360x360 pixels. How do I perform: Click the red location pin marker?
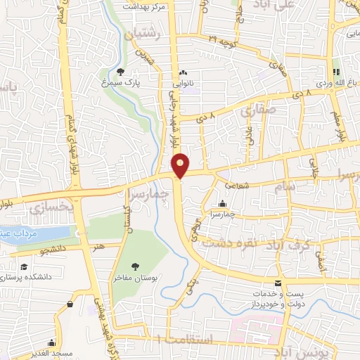click(x=181, y=165)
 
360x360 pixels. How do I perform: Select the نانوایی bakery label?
click(x=184, y=83)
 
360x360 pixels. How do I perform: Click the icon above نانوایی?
click(x=184, y=72)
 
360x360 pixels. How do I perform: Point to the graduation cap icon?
click(x=24, y=267)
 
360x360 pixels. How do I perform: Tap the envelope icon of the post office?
click(x=280, y=283)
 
